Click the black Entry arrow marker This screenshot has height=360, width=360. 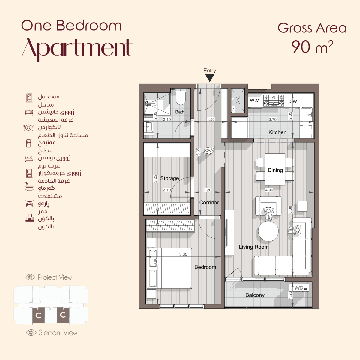click(x=210, y=78)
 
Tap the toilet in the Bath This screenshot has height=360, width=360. click(x=181, y=97)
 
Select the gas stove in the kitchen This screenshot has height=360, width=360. click(x=274, y=100)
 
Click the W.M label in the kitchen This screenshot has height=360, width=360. click(x=255, y=101)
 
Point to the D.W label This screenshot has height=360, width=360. click(x=292, y=101)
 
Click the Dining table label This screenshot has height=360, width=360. click(x=275, y=170)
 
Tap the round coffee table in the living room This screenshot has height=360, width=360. click(x=268, y=231)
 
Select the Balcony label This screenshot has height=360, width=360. click(x=255, y=295)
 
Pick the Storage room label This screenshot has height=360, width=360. click(x=169, y=178)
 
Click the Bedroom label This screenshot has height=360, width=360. click(x=205, y=267)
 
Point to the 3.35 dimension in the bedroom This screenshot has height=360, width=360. click(x=183, y=254)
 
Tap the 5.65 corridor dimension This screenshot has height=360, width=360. click(x=198, y=152)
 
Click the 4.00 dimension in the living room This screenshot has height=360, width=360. click(x=269, y=190)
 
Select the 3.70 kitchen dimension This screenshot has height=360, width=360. click(x=272, y=119)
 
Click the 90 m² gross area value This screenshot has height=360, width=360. click(x=312, y=47)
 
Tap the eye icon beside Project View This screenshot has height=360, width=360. click(x=30, y=277)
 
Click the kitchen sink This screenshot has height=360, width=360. click(x=307, y=115)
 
